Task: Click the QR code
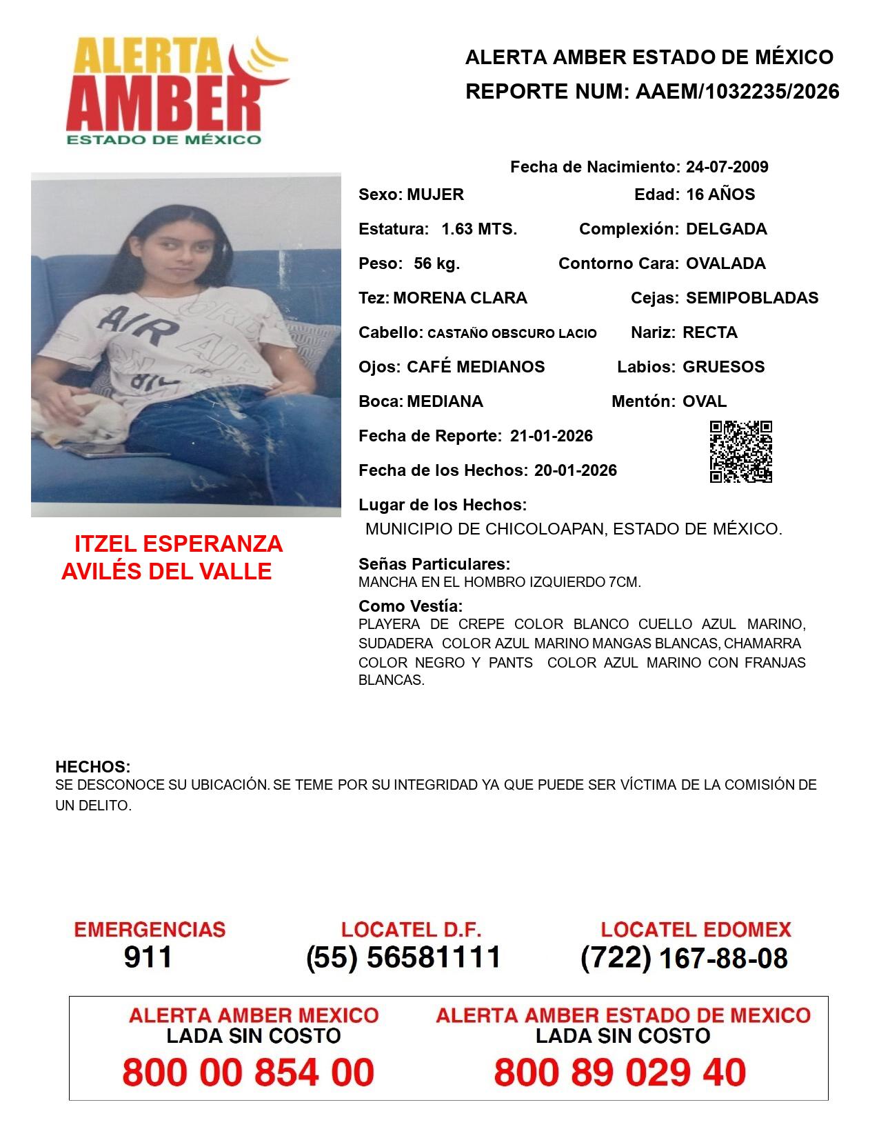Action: coord(741,452)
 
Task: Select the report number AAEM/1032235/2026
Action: coord(737,91)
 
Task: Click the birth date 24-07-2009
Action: coord(727,167)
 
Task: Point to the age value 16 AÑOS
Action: coord(720,194)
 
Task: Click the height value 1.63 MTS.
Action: coord(479,229)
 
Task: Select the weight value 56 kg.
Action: coord(436,263)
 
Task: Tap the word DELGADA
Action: coord(726,229)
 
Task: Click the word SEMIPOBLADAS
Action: coord(752,298)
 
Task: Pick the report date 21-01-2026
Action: coord(551,436)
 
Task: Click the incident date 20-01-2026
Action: coord(575,470)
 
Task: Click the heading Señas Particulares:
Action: coord(434,564)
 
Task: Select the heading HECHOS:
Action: coord(93,767)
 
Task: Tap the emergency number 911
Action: coord(148,957)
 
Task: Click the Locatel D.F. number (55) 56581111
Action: coord(403,957)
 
